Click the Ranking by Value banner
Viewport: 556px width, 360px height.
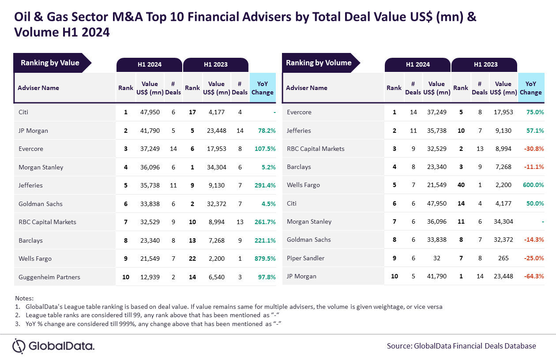tap(50, 63)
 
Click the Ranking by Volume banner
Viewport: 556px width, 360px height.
tap(319, 63)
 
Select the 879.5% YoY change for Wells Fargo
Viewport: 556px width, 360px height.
tap(265, 259)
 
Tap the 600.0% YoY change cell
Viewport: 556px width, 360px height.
tap(533, 185)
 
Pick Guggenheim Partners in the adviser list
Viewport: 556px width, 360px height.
tap(49, 277)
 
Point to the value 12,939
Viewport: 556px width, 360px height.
tap(150, 277)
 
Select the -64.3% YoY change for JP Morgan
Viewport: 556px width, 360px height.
tap(533, 277)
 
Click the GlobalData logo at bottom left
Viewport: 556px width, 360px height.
tap(53, 346)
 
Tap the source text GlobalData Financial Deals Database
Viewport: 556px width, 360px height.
tap(462, 346)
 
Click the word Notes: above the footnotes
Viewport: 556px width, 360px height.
tap(24, 298)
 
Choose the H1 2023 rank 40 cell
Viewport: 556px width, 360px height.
tap(461, 185)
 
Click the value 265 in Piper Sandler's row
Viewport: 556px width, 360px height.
tap(503, 258)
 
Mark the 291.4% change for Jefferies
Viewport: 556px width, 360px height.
tap(265, 186)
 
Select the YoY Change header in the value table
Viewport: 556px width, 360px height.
tap(263, 88)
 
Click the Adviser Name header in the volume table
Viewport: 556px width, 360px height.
tap(307, 88)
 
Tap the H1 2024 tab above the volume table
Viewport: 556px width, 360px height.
tap(417, 64)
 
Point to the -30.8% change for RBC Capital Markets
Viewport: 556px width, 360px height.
tap(533, 149)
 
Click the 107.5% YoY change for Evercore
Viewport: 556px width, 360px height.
tap(265, 149)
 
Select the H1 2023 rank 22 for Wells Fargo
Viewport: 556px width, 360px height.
tap(192, 259)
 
